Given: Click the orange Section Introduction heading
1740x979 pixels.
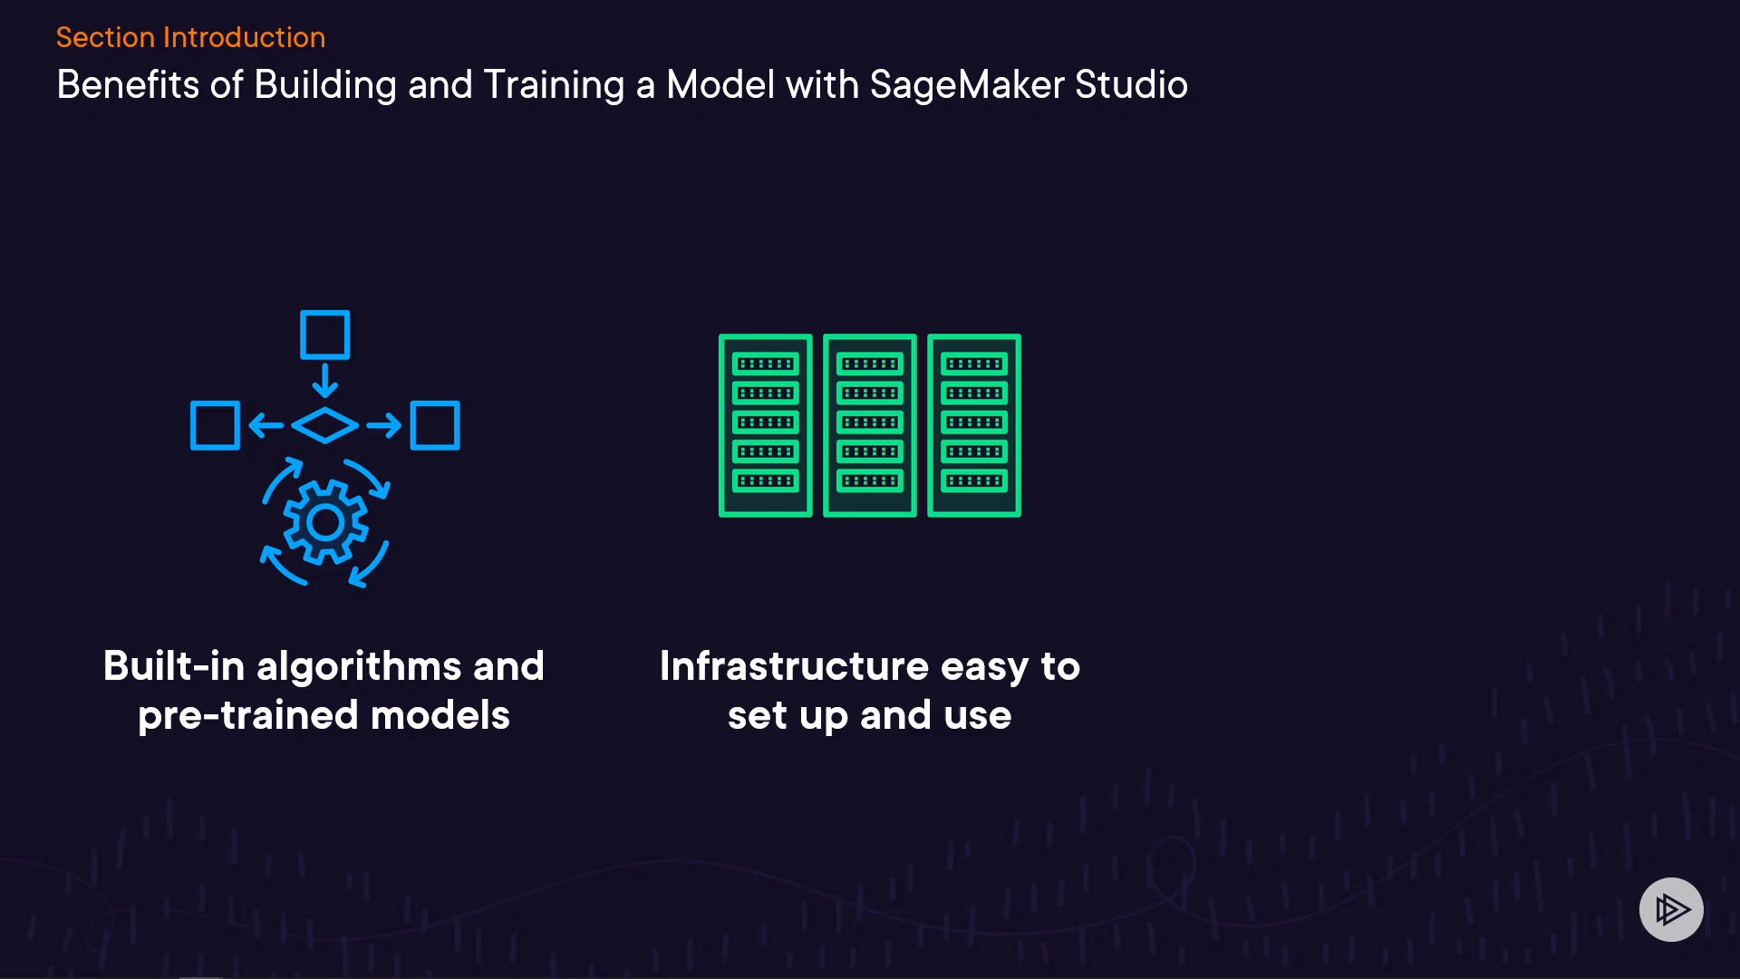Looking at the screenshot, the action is pos(190,37).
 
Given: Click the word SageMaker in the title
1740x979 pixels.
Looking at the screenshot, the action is pos(966,85).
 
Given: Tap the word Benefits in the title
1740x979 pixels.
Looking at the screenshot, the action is pos(128,85).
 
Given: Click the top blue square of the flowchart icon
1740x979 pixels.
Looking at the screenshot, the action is pos(324,334).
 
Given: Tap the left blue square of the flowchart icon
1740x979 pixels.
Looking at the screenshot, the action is pos(215,425).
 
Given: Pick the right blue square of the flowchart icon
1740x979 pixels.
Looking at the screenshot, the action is pos(435,425).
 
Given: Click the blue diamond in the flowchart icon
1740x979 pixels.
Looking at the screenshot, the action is pos(324,425).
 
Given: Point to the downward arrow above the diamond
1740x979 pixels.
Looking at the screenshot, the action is pos(324,380).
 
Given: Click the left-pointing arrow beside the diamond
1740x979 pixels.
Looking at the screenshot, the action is pos(266,425).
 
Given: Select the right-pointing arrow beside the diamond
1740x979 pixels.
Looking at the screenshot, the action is pos(384,425).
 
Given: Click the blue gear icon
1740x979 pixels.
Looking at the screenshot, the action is pos(325,523).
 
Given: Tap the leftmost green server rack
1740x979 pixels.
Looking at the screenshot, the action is pos(765,425).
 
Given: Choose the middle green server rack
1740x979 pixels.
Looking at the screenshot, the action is pos(870,425).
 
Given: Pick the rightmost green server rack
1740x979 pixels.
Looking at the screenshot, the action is pos(974,425).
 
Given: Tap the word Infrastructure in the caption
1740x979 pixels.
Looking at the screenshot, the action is pos(794,666).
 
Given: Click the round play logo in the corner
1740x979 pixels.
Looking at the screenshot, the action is pos(1671,909).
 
